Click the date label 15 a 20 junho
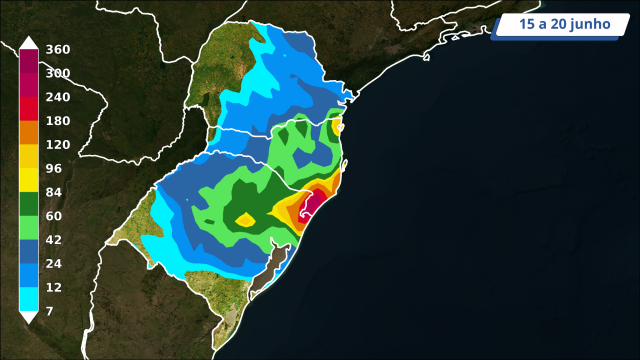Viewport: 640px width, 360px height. tap(560, 24)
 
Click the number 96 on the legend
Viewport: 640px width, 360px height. tap(54, 168)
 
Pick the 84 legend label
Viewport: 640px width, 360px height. tap(54, 192)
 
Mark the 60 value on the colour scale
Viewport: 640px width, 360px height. tap(54, 216)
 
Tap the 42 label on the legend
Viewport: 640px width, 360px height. tap(54, 240)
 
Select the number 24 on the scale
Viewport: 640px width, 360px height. tap(54, 264)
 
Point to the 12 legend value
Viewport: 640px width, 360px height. tap(54, 288)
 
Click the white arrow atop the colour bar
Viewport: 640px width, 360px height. tap(29, 42)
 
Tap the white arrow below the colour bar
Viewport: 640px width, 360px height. tap(29, 317)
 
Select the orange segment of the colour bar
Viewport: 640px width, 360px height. tap(29, 132)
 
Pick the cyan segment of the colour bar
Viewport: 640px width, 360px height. tap(29, 299)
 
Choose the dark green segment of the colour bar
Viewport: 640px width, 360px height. tap(29, 204)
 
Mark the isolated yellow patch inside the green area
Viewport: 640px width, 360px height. tap(244, 219)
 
